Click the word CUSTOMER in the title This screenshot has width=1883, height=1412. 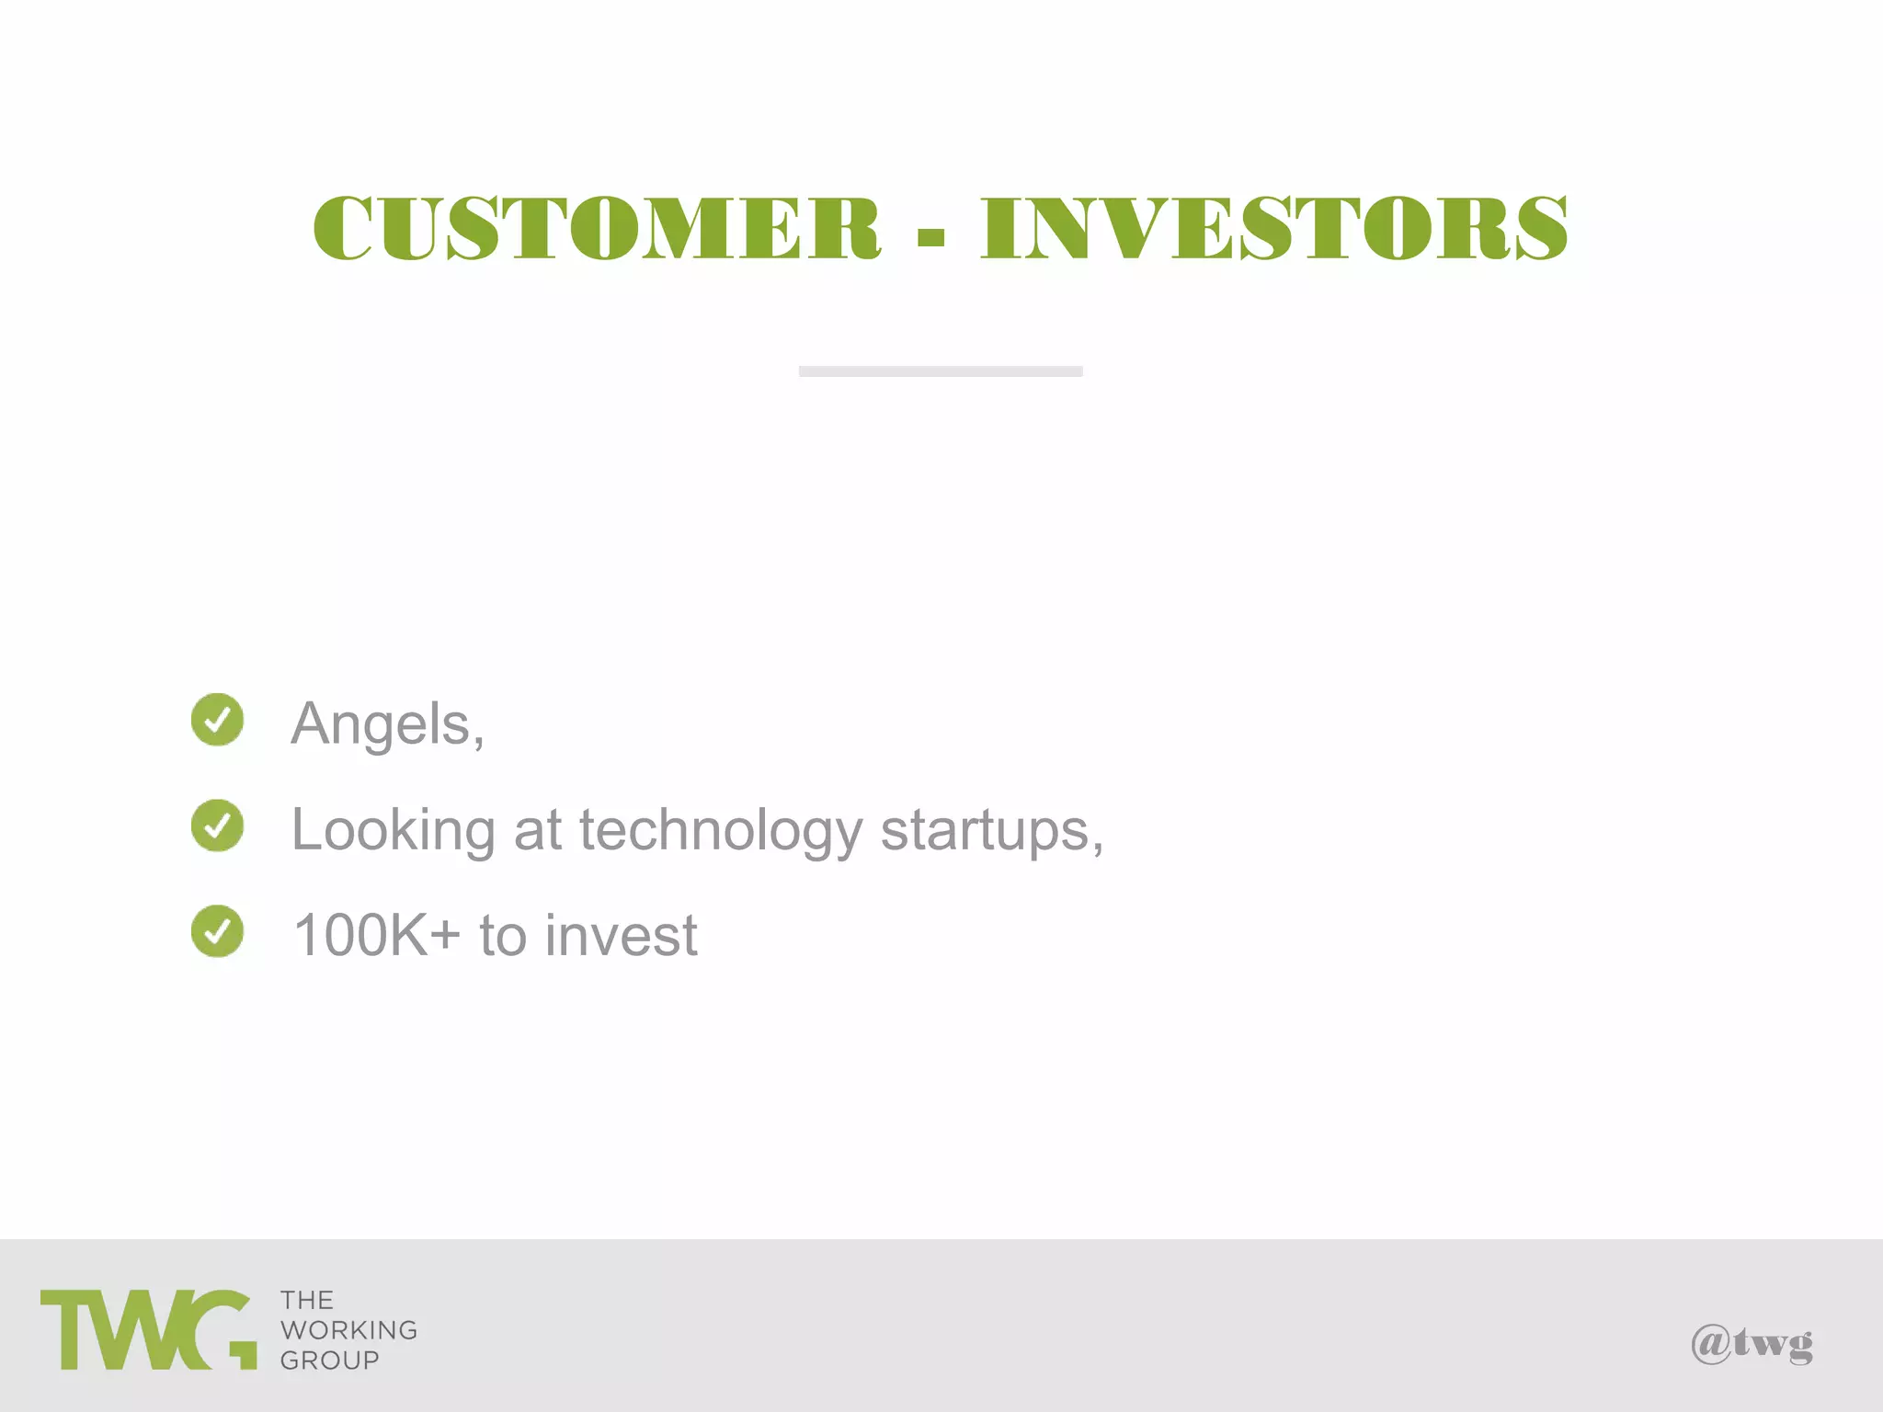coord(597,228)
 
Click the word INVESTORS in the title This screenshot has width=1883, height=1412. coord(1273,228)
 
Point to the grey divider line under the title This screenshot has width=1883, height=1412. coord(941,371)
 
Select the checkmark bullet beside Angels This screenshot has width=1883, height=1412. coord(218,720)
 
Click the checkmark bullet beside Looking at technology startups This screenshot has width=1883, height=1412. coord(218,826)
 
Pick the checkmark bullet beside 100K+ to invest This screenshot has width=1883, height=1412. coord(218,931)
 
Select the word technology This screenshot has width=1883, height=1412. coord(720,830)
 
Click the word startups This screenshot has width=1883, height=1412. coord(989,830)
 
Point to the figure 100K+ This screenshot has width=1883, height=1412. coord(376,936)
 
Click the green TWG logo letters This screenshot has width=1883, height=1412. coord(147,1330)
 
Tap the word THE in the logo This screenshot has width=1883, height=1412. coord(307,1301)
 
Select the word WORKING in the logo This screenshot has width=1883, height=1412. coord(348,1330)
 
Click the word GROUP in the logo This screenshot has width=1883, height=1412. coord(329,1361)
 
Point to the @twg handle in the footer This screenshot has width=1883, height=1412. coord(1752,1344)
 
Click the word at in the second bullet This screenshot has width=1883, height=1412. coord(537,830)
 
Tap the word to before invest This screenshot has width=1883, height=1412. coord(503,936)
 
